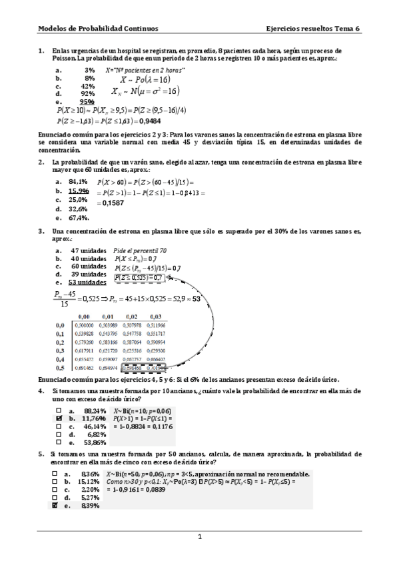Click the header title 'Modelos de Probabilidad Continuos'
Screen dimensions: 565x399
97,29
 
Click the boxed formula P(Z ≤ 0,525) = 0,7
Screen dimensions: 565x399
138,277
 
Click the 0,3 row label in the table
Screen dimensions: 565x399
60,349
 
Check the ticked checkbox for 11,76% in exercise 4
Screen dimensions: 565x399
59,418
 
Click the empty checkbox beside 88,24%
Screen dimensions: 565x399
59,410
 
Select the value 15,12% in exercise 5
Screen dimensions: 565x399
89,481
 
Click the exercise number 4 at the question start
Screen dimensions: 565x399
41,390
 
